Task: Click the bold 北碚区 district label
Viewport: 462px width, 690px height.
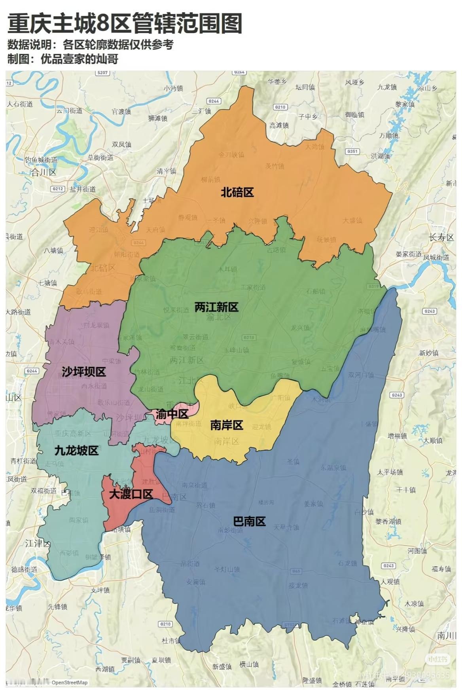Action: pos(237,193)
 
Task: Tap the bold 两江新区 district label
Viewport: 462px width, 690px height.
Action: pos(216,307)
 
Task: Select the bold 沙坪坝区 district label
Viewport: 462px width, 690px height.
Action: pos(83,372)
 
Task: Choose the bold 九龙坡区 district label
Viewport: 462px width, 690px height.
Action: pos(76,450)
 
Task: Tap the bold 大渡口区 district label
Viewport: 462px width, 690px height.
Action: pos(131,494)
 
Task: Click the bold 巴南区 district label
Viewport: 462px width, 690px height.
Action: pos(249,521)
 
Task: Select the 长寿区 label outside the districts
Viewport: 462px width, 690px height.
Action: pos(441,237)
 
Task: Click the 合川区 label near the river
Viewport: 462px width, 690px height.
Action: pos(44,172)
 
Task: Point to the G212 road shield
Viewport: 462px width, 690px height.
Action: pos(58,189)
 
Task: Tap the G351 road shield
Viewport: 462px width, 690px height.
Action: pos(352,152)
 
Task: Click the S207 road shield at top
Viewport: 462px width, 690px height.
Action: pos(102,73)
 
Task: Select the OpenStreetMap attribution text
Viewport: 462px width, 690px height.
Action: pos(70,682)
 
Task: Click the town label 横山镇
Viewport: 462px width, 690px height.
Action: pos(249,665)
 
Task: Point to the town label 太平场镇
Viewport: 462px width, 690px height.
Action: pos(390,472)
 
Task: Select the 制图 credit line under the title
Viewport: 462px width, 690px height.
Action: pos(62,59)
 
